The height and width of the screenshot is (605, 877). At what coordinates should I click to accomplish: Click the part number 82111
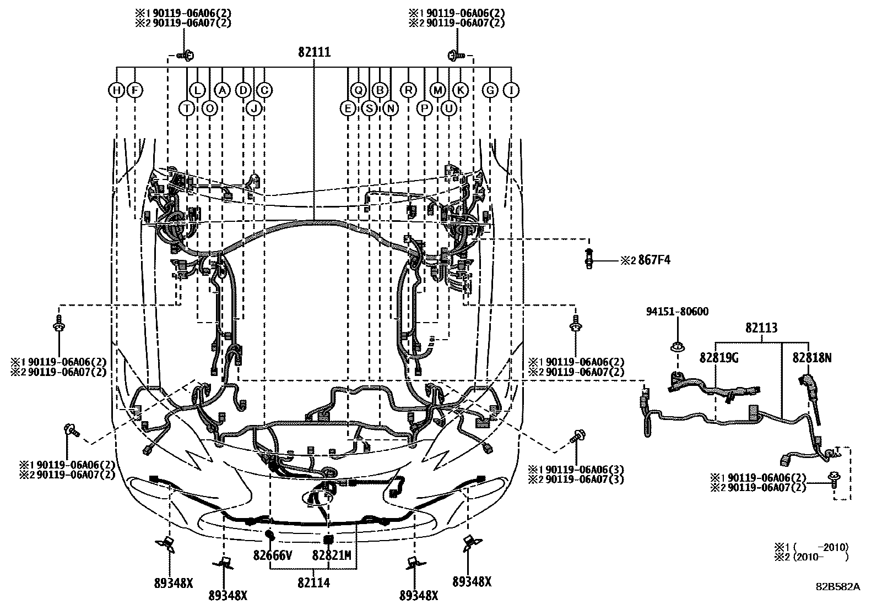pos(314,52)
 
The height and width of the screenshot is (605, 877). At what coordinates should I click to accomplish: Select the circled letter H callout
pos(116,90)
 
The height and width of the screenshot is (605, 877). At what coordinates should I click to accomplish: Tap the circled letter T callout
pos(187,108)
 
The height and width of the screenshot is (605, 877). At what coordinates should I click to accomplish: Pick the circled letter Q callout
pos(359,90)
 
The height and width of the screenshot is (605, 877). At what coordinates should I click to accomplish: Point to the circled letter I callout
pos(512,90)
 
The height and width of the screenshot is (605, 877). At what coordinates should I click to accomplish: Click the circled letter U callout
pos(449,108)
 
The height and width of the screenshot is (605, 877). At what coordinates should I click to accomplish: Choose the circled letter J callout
pos(254,108)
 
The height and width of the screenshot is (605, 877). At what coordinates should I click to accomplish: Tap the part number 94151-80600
pos(677,312)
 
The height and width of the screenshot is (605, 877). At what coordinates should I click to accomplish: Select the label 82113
pos(761,329)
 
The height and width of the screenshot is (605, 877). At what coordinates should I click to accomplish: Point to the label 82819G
pos(719,358)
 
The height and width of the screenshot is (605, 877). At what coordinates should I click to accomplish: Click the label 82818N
pos(811,358)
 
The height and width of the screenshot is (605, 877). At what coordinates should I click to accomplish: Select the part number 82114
pos(313,582)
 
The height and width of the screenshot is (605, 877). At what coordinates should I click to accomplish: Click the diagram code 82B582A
pos(837,587)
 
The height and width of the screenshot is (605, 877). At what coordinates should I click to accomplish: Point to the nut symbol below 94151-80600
pos(677,347)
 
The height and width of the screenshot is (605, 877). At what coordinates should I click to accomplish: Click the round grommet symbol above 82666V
pos(270,534)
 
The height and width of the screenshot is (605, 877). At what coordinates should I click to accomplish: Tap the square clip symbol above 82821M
pos(329,539)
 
